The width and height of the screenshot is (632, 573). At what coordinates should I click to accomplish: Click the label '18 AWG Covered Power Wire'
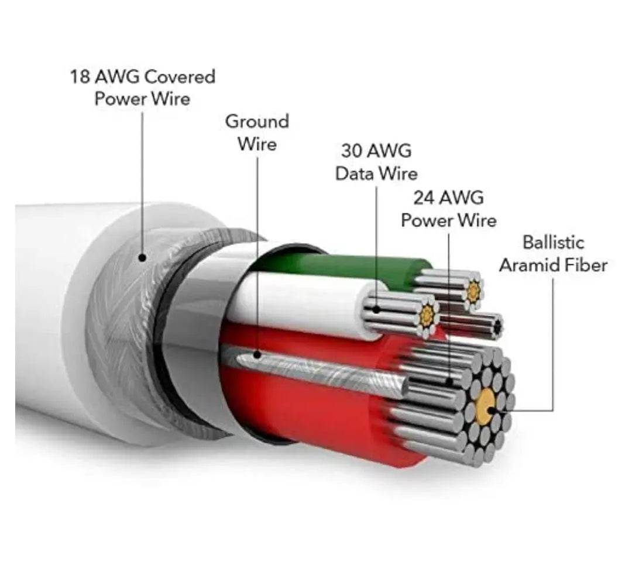click(143, 87)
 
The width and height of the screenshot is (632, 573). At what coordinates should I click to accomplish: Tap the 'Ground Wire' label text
click(257, 132)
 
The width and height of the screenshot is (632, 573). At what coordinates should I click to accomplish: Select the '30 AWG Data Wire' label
click(376, 162)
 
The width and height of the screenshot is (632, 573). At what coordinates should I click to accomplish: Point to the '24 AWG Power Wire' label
click(449, 209)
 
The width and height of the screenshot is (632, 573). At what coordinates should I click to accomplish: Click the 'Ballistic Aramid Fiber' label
click(553, 254)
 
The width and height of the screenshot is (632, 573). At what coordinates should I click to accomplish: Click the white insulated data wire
click(304, 304)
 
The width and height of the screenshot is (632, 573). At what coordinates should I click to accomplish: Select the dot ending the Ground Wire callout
click(257, 354)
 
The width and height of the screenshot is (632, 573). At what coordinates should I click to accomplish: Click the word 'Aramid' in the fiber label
click(530, 265)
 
